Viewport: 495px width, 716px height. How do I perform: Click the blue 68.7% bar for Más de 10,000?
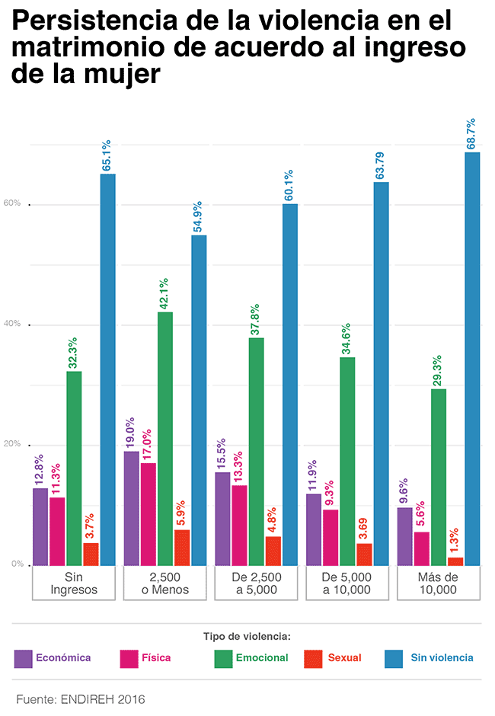tap(472, 358)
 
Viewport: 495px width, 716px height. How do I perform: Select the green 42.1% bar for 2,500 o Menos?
tap(164, 438)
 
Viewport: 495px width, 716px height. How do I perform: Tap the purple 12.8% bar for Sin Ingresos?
tap(40, 526)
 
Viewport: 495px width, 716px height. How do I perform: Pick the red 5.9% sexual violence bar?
tap(182, 547)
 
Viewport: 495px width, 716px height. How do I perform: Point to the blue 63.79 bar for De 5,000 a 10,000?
tap(382, 373)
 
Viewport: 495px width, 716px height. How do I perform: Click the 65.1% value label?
tap(107, 155)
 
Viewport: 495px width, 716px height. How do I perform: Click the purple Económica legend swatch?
tap(24, 658)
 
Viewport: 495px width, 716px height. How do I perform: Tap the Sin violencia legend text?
tap(442, 658)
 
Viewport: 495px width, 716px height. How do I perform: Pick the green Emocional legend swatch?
tap(222, 658)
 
